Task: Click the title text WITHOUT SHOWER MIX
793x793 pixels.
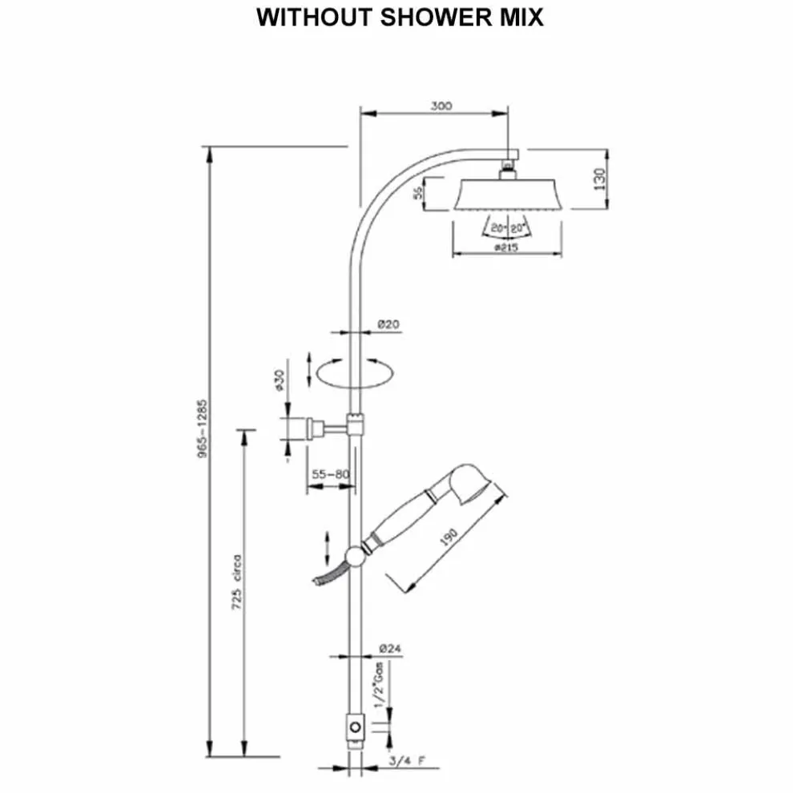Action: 400,18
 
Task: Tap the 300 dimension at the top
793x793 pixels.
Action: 441,106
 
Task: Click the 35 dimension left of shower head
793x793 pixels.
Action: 417,193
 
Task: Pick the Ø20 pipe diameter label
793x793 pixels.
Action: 388,324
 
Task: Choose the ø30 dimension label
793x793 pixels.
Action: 280,380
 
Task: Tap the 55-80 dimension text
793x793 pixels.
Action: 331,474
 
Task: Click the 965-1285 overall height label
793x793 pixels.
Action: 202,429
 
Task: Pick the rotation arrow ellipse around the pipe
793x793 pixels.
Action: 353,373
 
